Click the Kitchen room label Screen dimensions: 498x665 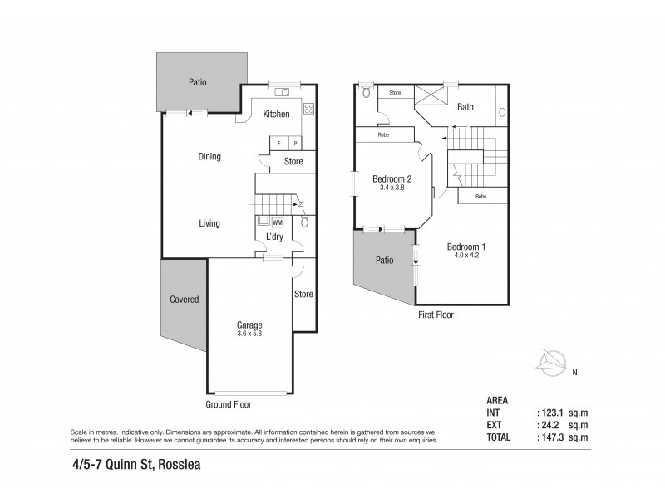pyautogui.click(x=276, y=114)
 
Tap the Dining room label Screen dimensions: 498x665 pyautogui.click(x=209, y=156)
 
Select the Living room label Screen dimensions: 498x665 pyautogui.click(x=209, y=223)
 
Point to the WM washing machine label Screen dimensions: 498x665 pyautogui.click(x=277, y=222)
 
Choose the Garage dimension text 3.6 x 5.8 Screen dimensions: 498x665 pyautogui.click(x=249, y=334)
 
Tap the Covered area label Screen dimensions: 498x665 pyautogui.click(x=184, y=300)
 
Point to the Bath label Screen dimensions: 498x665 pyautogui.click(x=465, y=107)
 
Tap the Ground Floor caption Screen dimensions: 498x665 pyautogui.click(x=228, y=405)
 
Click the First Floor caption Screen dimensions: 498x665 pyautogui.click(x=436, y=315)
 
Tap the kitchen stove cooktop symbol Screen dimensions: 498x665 pyautogui.click(x=308, y=108)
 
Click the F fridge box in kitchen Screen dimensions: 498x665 pyautogui.click(x=278, y=144)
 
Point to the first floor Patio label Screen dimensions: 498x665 pyautogui.click(x=383, y=260)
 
